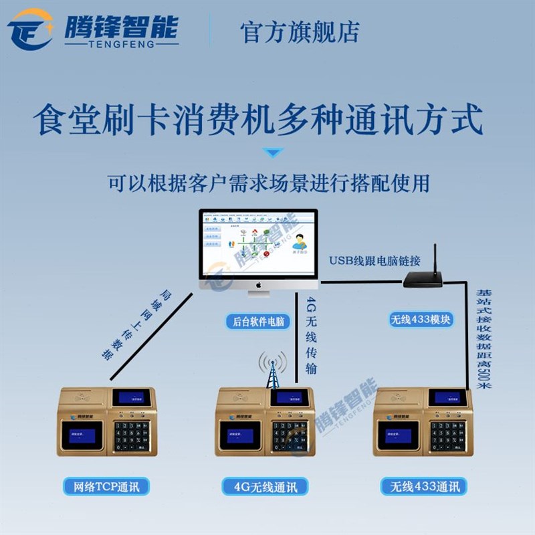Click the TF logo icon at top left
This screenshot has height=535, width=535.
pyautogui.click(x=30, y=29)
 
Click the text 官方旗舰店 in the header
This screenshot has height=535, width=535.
pyautogui.click(x=300, y=31)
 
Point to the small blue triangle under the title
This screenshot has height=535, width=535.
pyautogui.click(x=270, y=153)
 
